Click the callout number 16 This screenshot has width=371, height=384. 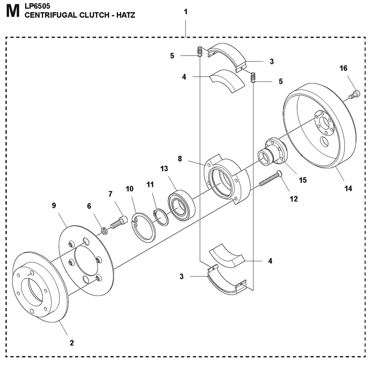point(343,68)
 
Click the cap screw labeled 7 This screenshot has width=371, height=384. point(119,222)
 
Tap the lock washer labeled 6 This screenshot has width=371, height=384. point(104,231)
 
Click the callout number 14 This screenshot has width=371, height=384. point(348,188)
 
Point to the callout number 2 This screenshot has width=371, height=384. point(72,343)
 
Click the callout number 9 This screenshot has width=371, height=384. point(54,206)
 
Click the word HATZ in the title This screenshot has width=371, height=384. point(126,15)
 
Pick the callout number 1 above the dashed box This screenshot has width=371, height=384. point(186,12)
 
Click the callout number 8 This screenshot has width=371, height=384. point(180,159)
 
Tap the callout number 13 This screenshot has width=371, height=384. point(164,169)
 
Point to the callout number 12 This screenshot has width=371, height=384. point(294,199)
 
